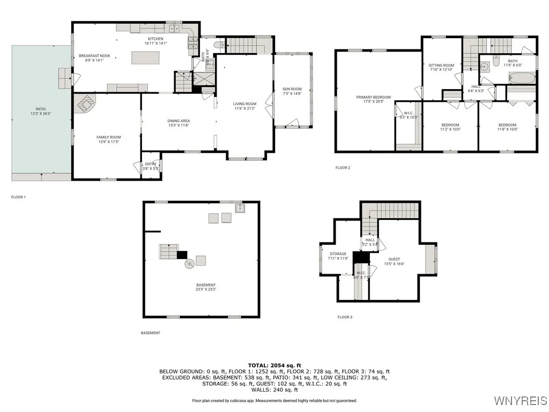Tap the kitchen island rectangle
click(145, 57)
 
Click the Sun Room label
click(292, 91)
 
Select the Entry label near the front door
click(150, 166)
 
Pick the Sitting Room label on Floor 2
click(442, 68)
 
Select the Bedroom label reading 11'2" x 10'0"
click(450, 127)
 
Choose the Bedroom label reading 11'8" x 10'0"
click(507, 127)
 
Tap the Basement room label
click(206, 287)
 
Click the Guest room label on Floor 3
click(394, 262)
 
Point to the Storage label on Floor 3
click(338, 256)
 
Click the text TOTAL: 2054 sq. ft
click(274, 365)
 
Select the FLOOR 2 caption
click(343, 168)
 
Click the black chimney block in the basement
click(182, 255)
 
